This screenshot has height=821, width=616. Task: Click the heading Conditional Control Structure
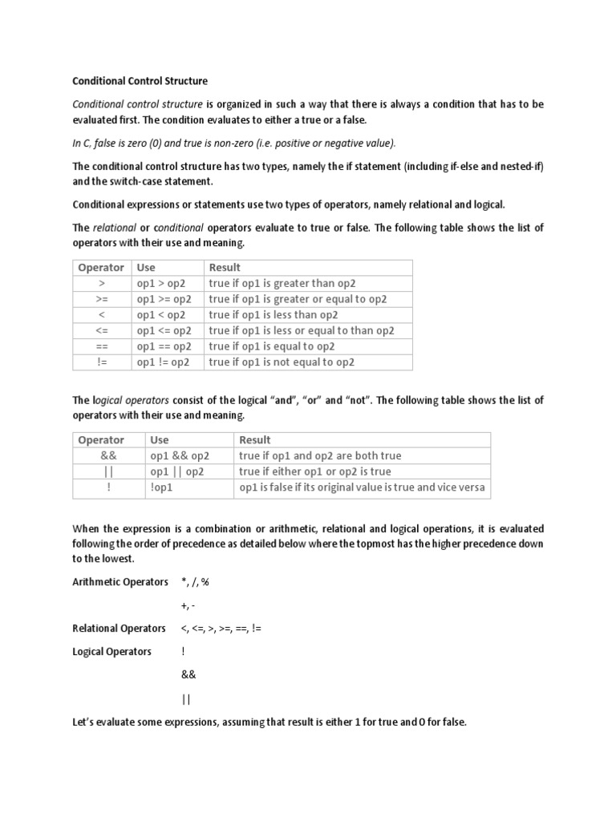140,81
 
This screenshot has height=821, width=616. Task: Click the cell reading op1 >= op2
164,299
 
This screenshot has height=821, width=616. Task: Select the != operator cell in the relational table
101,362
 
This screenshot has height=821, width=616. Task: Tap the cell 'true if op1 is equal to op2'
271,346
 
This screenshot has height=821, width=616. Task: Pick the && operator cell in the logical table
109,455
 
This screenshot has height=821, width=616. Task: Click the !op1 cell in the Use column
162,487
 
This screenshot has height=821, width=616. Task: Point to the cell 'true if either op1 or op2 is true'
315,471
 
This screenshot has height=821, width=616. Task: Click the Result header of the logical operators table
255,440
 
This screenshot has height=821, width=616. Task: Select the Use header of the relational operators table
146,268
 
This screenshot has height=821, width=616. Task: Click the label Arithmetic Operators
120,581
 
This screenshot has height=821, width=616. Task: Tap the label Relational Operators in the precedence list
119,629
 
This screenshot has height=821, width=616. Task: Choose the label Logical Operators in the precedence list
111,652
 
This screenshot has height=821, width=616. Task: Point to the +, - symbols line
188,605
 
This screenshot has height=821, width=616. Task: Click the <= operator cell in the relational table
101,330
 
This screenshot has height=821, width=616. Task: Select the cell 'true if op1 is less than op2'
274,315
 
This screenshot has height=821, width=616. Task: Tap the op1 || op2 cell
177,471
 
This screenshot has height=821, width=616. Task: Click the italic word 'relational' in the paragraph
115,228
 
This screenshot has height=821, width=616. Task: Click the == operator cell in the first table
101,346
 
